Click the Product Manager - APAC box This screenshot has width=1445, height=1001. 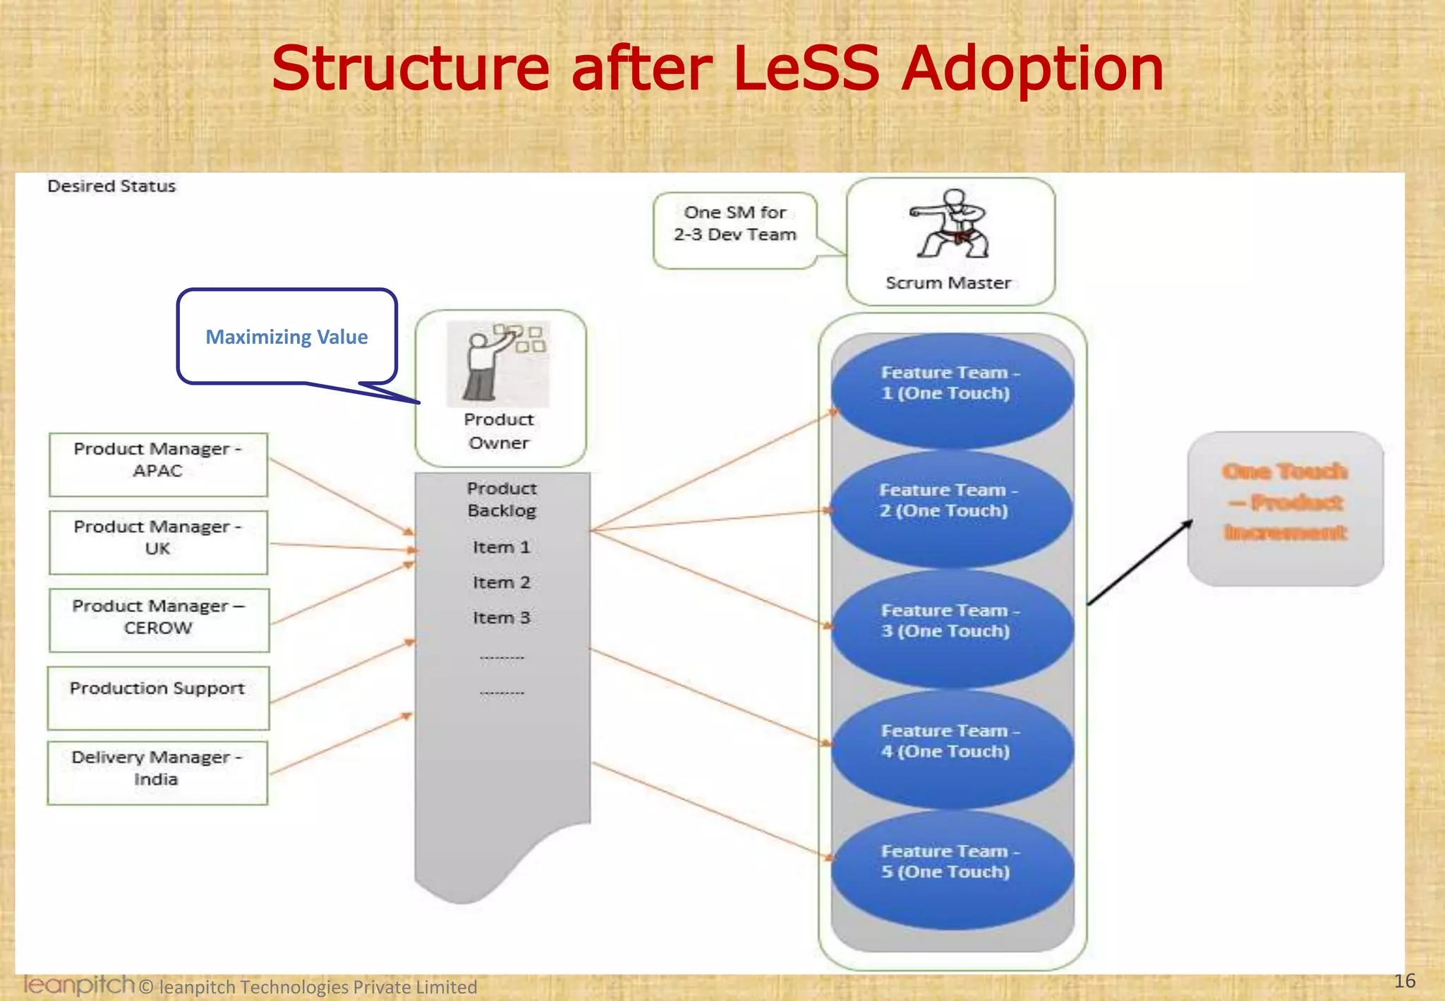[158, 464]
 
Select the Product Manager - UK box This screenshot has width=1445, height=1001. [158, 542]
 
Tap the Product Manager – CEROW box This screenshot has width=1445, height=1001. [159, 620]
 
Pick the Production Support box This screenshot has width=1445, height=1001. [158, 697]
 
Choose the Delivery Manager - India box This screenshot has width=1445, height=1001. [157, 772]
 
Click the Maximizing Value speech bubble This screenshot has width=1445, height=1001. [286, 337]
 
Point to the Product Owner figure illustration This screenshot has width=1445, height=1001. [497, 364]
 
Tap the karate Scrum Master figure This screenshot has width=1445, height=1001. [950, 224]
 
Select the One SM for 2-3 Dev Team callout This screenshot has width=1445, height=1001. [734, 230]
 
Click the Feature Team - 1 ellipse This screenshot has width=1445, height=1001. [952, 390]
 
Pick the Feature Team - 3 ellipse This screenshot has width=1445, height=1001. [952, 628]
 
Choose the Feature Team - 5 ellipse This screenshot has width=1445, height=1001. [952, 868]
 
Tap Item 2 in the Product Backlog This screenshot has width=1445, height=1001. [501, 582]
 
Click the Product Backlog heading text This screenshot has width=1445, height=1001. [502, 499]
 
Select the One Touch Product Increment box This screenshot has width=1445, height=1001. [1285, 508]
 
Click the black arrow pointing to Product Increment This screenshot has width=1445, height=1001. [1139, 563]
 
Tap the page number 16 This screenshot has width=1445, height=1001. [1404, 981]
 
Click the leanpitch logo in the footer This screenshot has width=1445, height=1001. [78, 984]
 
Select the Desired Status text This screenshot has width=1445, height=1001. [111, 186]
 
